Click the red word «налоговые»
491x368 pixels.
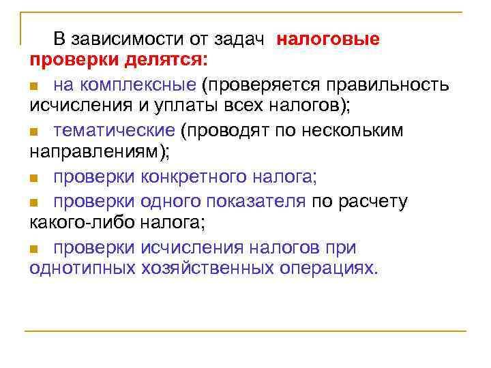click(x=328, y=39)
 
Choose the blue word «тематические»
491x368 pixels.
click(x=115, y=130)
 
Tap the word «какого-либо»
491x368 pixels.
click(x=83, y=222)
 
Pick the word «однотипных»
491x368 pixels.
click(x=83, y=268)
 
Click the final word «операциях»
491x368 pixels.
click(x=328, y=268)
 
